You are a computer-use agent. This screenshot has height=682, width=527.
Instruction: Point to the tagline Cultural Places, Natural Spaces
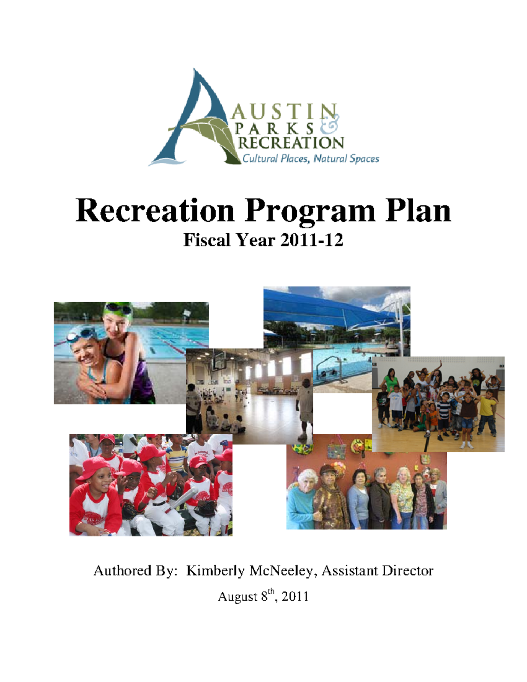click(x=310, y=159)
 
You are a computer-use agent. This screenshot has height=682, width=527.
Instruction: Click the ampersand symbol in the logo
click(x=330, y=125)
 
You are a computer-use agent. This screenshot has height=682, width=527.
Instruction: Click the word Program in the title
click(x=310, y=211)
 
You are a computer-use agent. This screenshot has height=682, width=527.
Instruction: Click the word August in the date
click(x=237, y=596)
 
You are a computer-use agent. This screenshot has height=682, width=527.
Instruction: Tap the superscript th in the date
click(x=272, y=592)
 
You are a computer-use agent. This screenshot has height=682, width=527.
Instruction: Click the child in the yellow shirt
click(x=487, y=408)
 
